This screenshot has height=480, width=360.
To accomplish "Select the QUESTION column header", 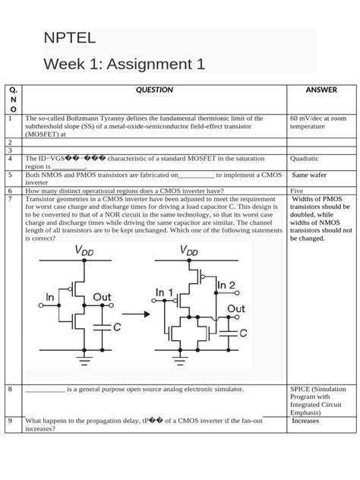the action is [154, 90].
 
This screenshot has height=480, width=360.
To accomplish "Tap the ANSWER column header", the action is [321, 90].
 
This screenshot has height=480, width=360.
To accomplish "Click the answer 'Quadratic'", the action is [305, 159].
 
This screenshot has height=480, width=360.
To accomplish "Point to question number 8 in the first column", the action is [10, 390].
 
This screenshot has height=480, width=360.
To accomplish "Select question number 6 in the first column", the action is [10, 191].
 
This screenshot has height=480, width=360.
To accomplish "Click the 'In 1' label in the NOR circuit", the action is [165, 292].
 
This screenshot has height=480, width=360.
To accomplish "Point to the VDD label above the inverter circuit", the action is [84, 251].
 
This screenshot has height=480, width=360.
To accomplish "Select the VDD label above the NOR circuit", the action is [189, 251].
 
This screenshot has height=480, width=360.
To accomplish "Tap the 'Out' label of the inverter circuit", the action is [102, 297].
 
